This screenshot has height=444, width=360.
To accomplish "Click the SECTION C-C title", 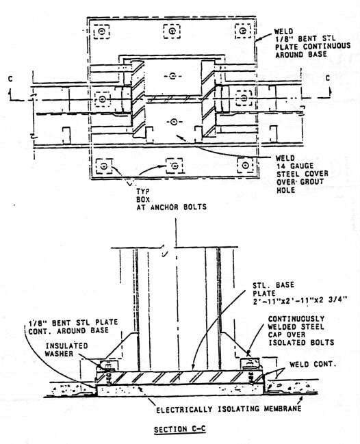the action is coord(179,429).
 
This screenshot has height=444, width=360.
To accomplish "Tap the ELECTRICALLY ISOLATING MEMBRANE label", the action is coord(229,409).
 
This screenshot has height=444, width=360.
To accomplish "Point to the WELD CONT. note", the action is coord(313,364).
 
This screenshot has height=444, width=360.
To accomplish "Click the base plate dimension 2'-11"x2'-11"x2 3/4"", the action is coord(300,300).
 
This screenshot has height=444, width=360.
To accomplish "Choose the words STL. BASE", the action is coord(273,285).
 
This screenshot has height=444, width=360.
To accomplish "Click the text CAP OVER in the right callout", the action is coord(287,335).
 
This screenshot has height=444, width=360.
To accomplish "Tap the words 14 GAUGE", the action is coord(295,166).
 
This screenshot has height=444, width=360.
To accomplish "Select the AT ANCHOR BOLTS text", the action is coord(171,207).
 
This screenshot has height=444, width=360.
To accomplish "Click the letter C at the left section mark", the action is coord(10,79).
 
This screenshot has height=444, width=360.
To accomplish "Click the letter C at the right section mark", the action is coord(328,78).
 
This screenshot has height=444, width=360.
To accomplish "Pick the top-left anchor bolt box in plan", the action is coord(102,31).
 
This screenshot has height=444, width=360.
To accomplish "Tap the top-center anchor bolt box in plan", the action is coord(172,31).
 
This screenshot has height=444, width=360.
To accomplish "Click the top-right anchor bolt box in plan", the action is coord(243,31).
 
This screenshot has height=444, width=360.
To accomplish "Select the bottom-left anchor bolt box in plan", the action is coord(103,166).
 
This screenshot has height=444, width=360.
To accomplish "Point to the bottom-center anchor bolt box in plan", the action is coord(175,166).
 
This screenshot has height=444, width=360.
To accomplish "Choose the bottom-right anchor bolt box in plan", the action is coord(245,165).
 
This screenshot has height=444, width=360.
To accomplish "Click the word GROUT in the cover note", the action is coord(312,181).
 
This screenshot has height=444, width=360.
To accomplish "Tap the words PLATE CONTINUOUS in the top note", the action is coord(313,47).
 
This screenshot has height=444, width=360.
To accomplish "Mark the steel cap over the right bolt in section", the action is coord(250,363).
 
